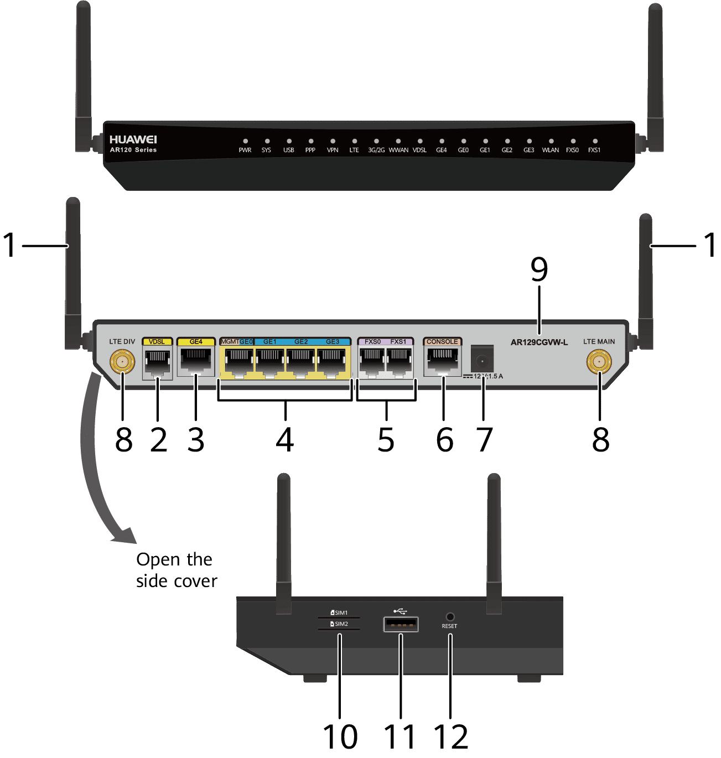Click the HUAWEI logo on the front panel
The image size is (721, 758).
click(x=133, y=139)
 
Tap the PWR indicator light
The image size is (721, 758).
click(x=245, y=141)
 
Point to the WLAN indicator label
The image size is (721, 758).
click(x=550, y=150)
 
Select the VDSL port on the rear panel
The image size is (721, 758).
click(x=157, y=362)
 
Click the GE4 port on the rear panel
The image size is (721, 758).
click(x=196, y=361)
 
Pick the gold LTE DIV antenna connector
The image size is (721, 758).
click(x=122, y=362)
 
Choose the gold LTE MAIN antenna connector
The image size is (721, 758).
click(x=599, y=362)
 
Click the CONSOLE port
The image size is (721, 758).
click(x=442, y=361)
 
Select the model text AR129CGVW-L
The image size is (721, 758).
click(x=539, y=342)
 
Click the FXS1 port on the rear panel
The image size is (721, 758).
click(x=398, y=362)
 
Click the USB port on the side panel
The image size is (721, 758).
click(x=401, y=624)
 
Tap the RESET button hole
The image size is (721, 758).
click(x=449, y=616)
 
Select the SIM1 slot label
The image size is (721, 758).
click(x=339, y=612)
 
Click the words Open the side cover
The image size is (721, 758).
click(x=176, y=570)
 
